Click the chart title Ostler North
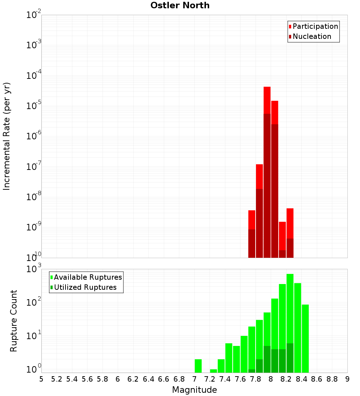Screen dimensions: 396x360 coord(180,5)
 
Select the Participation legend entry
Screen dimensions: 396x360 coord(315,26)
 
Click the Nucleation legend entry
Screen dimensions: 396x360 coord(312,36)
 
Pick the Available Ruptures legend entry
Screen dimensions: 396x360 coord(87,277)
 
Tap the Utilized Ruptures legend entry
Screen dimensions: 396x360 coord(85,287)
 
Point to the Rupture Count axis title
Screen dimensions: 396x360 coord(14,321)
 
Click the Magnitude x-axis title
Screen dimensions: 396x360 coord(194,390)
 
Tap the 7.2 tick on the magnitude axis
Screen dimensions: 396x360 coord(210,379)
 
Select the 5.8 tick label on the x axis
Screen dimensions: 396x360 coord(103,379)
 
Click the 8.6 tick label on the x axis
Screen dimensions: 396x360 coord(317,379)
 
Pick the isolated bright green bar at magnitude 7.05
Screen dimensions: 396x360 coord(198,365)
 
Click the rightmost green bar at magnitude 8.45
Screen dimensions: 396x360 coord(305,338)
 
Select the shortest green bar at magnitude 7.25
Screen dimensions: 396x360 coord(213,370)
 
